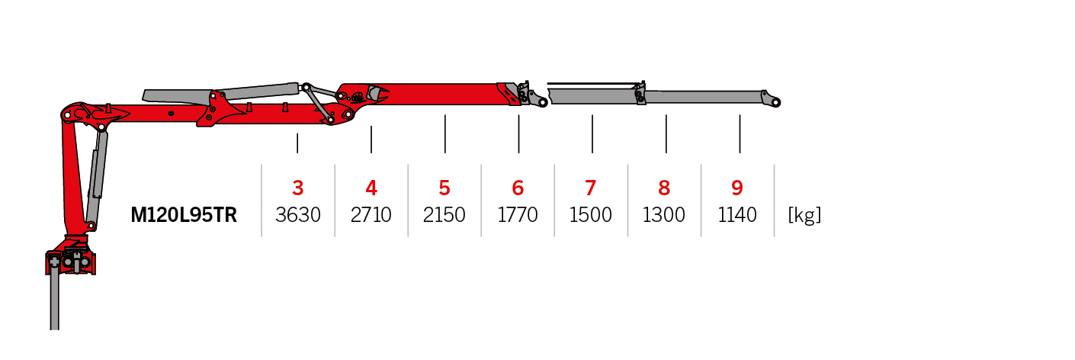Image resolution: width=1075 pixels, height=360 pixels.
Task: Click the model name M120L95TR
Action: (184, 216)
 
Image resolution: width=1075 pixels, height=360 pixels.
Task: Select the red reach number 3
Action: (298, 188)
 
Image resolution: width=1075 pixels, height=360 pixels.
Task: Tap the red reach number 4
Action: (371, 188)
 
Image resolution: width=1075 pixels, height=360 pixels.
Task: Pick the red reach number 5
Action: (444, 188)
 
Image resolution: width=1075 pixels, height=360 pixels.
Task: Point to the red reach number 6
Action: (518, 188)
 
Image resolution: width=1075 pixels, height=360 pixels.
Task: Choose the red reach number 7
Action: (591, 188)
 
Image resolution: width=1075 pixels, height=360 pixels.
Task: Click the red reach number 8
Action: (664, 188)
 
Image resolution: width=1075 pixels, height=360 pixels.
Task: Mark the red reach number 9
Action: (737, 188)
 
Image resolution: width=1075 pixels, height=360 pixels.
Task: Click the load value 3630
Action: (298, 216)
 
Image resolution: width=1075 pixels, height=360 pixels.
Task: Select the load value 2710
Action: (371, 216)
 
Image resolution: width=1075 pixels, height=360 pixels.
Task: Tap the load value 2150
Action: (444, 216)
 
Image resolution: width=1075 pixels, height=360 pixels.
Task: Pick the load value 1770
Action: (518, 216)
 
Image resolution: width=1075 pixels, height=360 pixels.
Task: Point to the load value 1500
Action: (591, 216)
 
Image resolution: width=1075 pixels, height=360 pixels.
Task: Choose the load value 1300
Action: (664, 216)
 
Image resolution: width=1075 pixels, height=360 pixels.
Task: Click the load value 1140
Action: (737, 216)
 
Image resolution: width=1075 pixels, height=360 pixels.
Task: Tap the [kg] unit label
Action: (804, 216)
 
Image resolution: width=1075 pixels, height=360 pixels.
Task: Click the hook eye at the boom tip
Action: (775, 101)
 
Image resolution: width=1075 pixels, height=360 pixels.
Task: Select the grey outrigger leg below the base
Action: (55, 301)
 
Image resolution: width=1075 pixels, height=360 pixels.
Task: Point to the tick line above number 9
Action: (740, 133)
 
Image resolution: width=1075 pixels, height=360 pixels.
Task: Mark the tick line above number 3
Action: (297, 143)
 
